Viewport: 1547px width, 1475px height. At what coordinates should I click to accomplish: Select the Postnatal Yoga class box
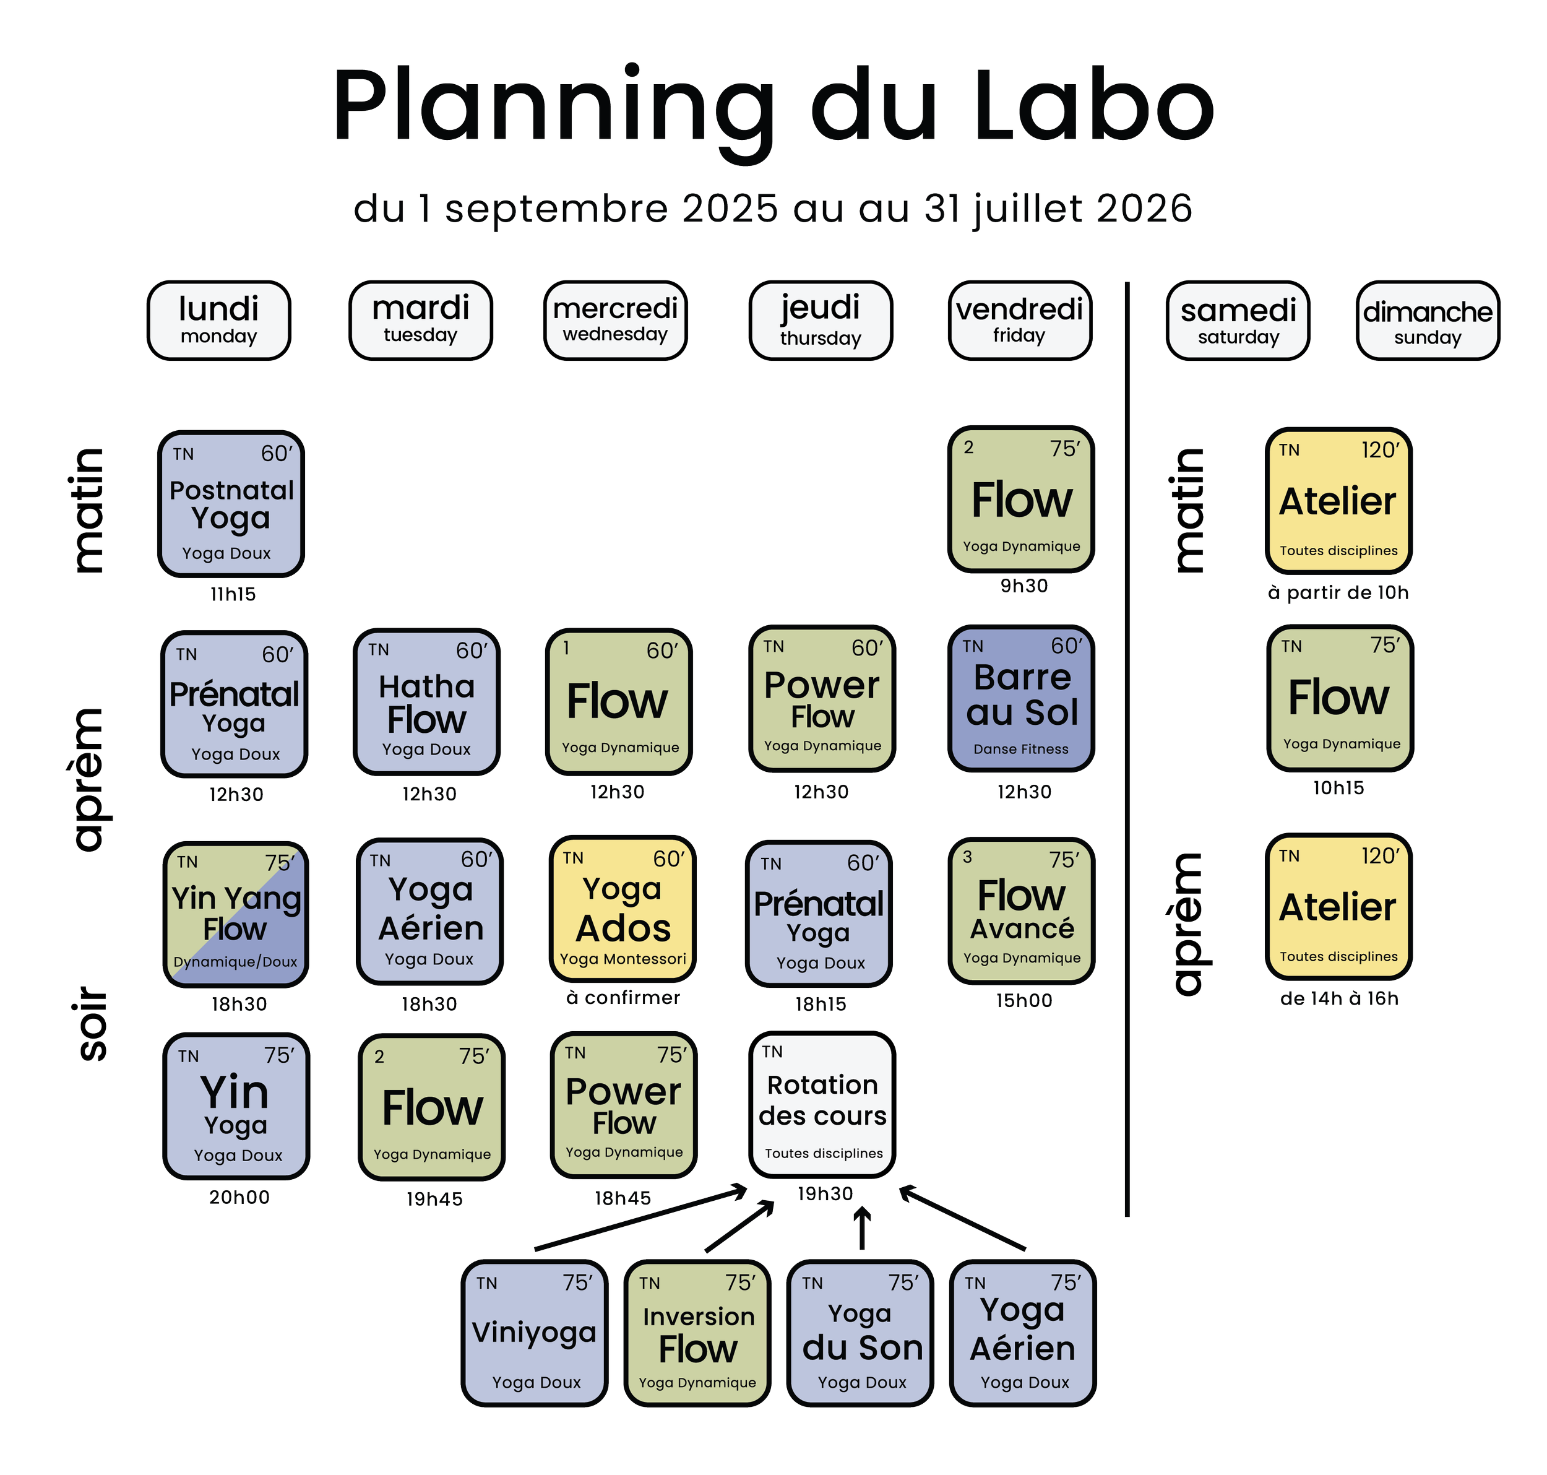click(x=231, y=504)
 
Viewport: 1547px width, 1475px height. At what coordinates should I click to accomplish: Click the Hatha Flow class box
click(x=427, y=701)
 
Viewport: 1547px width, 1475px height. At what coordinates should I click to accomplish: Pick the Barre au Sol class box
click(x=1021, y=699)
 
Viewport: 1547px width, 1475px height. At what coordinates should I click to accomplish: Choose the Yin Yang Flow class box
click(x=236, y=912)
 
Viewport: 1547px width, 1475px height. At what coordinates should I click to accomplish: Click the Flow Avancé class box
click(x=1021, y=911)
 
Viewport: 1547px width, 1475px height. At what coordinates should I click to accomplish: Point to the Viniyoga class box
click(x=535, y=1333)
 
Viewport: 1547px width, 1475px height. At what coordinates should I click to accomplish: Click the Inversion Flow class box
click(x=698, y=1333)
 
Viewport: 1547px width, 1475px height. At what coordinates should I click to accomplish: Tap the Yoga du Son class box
click(x=861, y=1333)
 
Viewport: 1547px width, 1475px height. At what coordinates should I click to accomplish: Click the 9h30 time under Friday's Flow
click(x=1023, y=586)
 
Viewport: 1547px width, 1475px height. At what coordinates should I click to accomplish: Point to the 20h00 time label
click(x=239, y=1198)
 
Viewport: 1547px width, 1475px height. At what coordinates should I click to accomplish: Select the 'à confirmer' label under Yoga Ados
click(x=623, y=998)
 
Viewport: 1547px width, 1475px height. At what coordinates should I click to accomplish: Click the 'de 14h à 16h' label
click(x=1338, y=998)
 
